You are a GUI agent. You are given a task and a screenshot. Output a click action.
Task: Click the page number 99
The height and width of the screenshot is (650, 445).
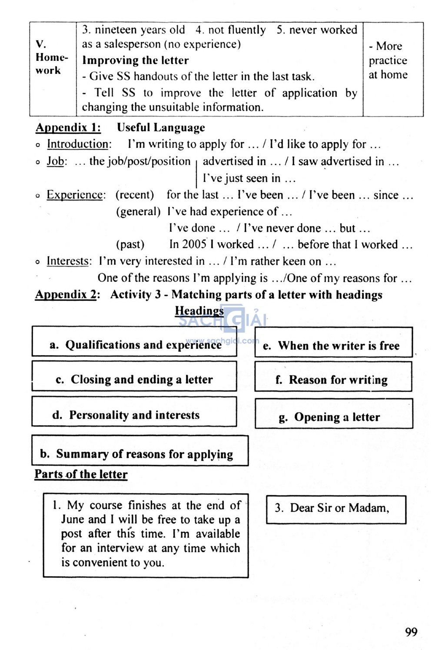(411, 632)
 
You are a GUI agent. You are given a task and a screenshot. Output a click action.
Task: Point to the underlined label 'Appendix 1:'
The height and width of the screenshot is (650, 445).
(68, 127)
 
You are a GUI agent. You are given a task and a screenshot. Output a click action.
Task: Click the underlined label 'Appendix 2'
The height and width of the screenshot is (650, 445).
(66, 294)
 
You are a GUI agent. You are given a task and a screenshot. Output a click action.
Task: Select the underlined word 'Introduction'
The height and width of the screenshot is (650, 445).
(78, 144)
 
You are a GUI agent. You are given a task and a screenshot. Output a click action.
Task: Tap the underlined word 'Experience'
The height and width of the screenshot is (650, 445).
(75, 195)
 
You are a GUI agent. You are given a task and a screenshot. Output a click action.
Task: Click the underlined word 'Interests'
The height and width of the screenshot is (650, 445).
(69, 261)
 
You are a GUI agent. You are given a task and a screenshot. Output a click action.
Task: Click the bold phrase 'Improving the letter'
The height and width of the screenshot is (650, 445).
(136, 60)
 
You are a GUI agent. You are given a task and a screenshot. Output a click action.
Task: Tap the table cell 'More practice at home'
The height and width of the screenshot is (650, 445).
(389, 60)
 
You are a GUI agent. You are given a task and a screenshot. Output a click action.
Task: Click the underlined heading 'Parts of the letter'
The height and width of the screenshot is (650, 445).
(81, 474)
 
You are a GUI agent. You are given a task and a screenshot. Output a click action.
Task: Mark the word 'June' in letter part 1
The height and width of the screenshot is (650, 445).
(72, 520)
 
